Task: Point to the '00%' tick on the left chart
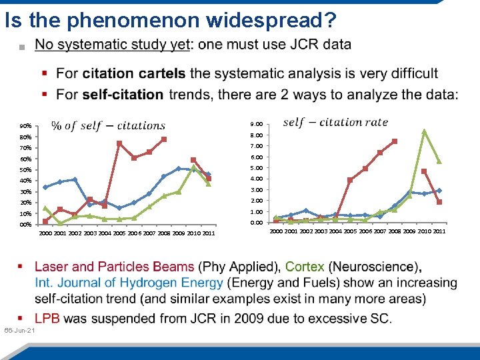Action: point(26,225)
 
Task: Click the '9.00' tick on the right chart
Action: point(256,124)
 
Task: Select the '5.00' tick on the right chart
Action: point(256,168)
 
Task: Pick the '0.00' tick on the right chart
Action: point(256,223)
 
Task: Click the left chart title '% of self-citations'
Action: point(108,125)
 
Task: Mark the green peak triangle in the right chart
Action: point(424,131)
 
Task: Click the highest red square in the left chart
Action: point(163,139)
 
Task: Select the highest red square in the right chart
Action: point(395,141)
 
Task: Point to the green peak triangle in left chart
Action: point(193,167)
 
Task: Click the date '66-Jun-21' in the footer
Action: point(20,331)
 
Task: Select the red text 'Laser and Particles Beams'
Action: point(114,267)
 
